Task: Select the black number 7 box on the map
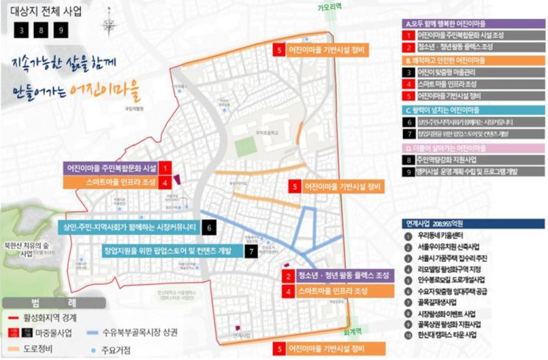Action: [252, 251]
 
